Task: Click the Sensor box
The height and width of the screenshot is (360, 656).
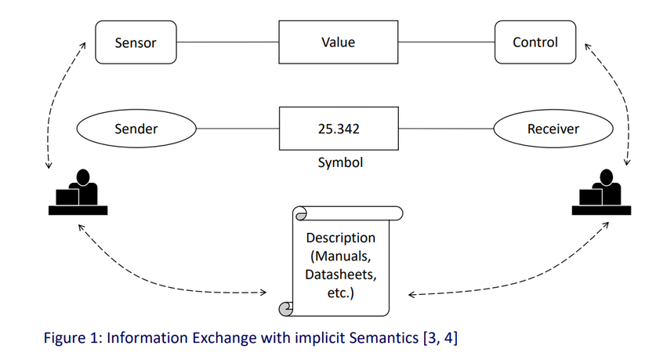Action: [136, 42]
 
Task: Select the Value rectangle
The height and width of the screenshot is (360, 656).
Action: [339, 42]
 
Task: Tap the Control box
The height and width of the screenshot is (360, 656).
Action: [535, 42]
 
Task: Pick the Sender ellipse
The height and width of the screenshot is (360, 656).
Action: [136, 129]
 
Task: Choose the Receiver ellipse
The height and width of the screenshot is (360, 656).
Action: [553, 129]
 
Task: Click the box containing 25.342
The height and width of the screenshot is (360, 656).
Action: [339, 129]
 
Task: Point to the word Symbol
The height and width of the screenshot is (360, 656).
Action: [340, 162]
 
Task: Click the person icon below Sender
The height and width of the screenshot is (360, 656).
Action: [78, 192]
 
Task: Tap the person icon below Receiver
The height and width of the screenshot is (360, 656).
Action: [601, 192]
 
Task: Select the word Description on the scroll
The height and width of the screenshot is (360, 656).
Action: [341, 238]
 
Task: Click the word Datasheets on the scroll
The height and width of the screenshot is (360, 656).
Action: [341, 275]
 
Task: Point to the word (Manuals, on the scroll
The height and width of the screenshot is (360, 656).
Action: [341, 256]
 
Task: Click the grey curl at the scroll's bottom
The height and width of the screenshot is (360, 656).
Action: [285, 310]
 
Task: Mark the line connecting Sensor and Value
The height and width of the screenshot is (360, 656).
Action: [227, 42]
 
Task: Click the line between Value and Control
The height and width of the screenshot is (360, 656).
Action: [447, 42]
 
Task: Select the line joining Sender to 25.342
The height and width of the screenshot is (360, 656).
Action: [237, 129]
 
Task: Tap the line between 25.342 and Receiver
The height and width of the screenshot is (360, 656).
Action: [446, 129]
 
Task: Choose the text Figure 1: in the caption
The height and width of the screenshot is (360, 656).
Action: [73, 338]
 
